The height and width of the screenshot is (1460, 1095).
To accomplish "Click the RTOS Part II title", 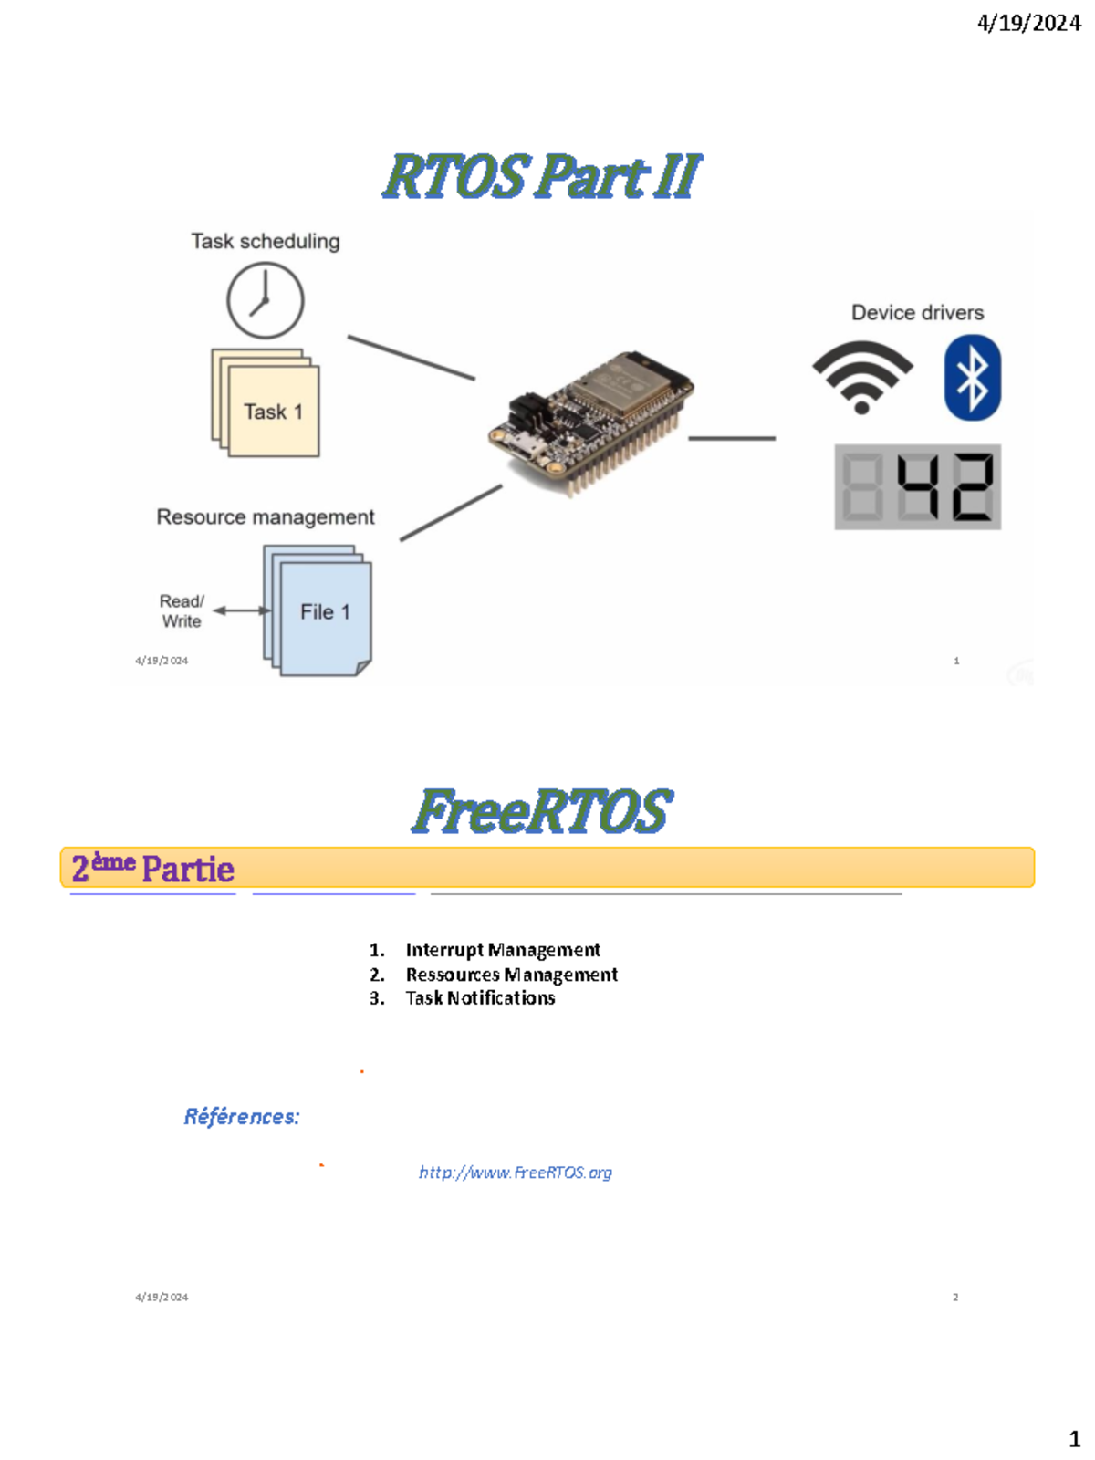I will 542,176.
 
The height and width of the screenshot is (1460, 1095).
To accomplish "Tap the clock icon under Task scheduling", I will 265,300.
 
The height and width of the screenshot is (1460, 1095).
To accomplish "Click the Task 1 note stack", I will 266,403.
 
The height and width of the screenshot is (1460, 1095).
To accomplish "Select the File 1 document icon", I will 319,610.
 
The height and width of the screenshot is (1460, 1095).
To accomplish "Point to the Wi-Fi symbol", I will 861,376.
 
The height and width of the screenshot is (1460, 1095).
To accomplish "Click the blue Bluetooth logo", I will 972,378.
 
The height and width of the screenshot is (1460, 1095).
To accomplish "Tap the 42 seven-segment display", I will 917,487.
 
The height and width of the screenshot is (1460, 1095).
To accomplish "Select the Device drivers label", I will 917,313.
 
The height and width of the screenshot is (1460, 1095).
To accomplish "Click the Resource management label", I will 266,517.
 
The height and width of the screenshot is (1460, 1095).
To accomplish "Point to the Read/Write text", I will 182,611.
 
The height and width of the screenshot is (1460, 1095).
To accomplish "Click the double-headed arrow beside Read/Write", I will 241,610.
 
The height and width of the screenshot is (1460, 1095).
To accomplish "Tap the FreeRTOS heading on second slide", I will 542,811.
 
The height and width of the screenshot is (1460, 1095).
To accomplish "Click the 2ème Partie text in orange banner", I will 153,869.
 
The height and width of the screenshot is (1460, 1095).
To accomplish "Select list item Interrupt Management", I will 502,950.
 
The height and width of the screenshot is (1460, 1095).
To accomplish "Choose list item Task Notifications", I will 480,998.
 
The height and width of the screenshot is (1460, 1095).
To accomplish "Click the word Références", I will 242,1117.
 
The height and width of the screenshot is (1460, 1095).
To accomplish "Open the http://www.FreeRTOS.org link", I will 516,1173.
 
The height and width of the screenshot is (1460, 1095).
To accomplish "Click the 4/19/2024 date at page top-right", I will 1028,23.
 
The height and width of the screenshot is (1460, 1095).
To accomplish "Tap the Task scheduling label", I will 265,242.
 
